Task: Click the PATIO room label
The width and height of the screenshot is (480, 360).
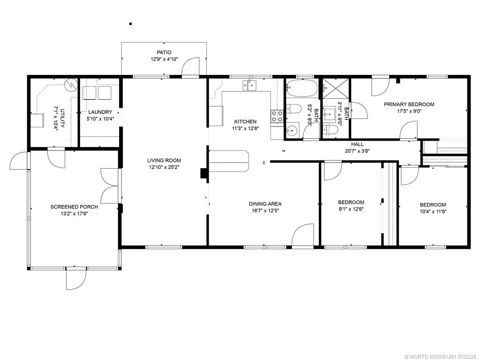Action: click(x=164, y=52)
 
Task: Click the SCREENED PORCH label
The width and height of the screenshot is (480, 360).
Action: click(x=75, y=207)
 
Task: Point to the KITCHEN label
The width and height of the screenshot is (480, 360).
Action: click(x=245, y=121)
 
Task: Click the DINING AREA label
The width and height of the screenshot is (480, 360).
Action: click(x=265, y=204)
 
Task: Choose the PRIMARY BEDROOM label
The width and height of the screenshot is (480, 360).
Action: click(x=409, y=105)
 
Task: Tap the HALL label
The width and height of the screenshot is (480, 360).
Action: click(x=357, y=144)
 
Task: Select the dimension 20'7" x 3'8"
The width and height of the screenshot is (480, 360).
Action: click(x=357, y=151)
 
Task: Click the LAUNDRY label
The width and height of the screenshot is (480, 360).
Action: click(x=100, y=112)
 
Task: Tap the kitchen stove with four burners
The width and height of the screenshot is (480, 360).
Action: click(x=277, y=116)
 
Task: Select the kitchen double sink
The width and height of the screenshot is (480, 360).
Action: click(x=250, y=85)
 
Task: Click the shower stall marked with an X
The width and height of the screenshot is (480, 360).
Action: click(x=335, y=89)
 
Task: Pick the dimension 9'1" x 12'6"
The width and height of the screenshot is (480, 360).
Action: click(x=351, y=209)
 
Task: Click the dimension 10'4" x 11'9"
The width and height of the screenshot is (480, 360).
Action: click(x=433, y=211)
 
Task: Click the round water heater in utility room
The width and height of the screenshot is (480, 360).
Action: click(x=71, y=85)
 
